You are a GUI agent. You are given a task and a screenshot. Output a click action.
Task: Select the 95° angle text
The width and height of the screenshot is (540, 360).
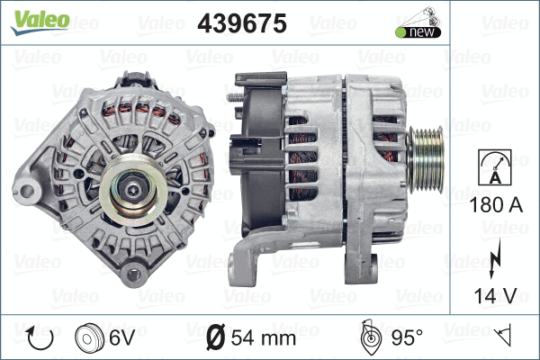[x=406, y=338]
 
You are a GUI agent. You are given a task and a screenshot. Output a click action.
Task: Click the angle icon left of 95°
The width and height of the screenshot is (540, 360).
[x=368, y=338]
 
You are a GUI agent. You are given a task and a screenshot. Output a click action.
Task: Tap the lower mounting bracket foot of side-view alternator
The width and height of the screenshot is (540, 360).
[x=242, y=266]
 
